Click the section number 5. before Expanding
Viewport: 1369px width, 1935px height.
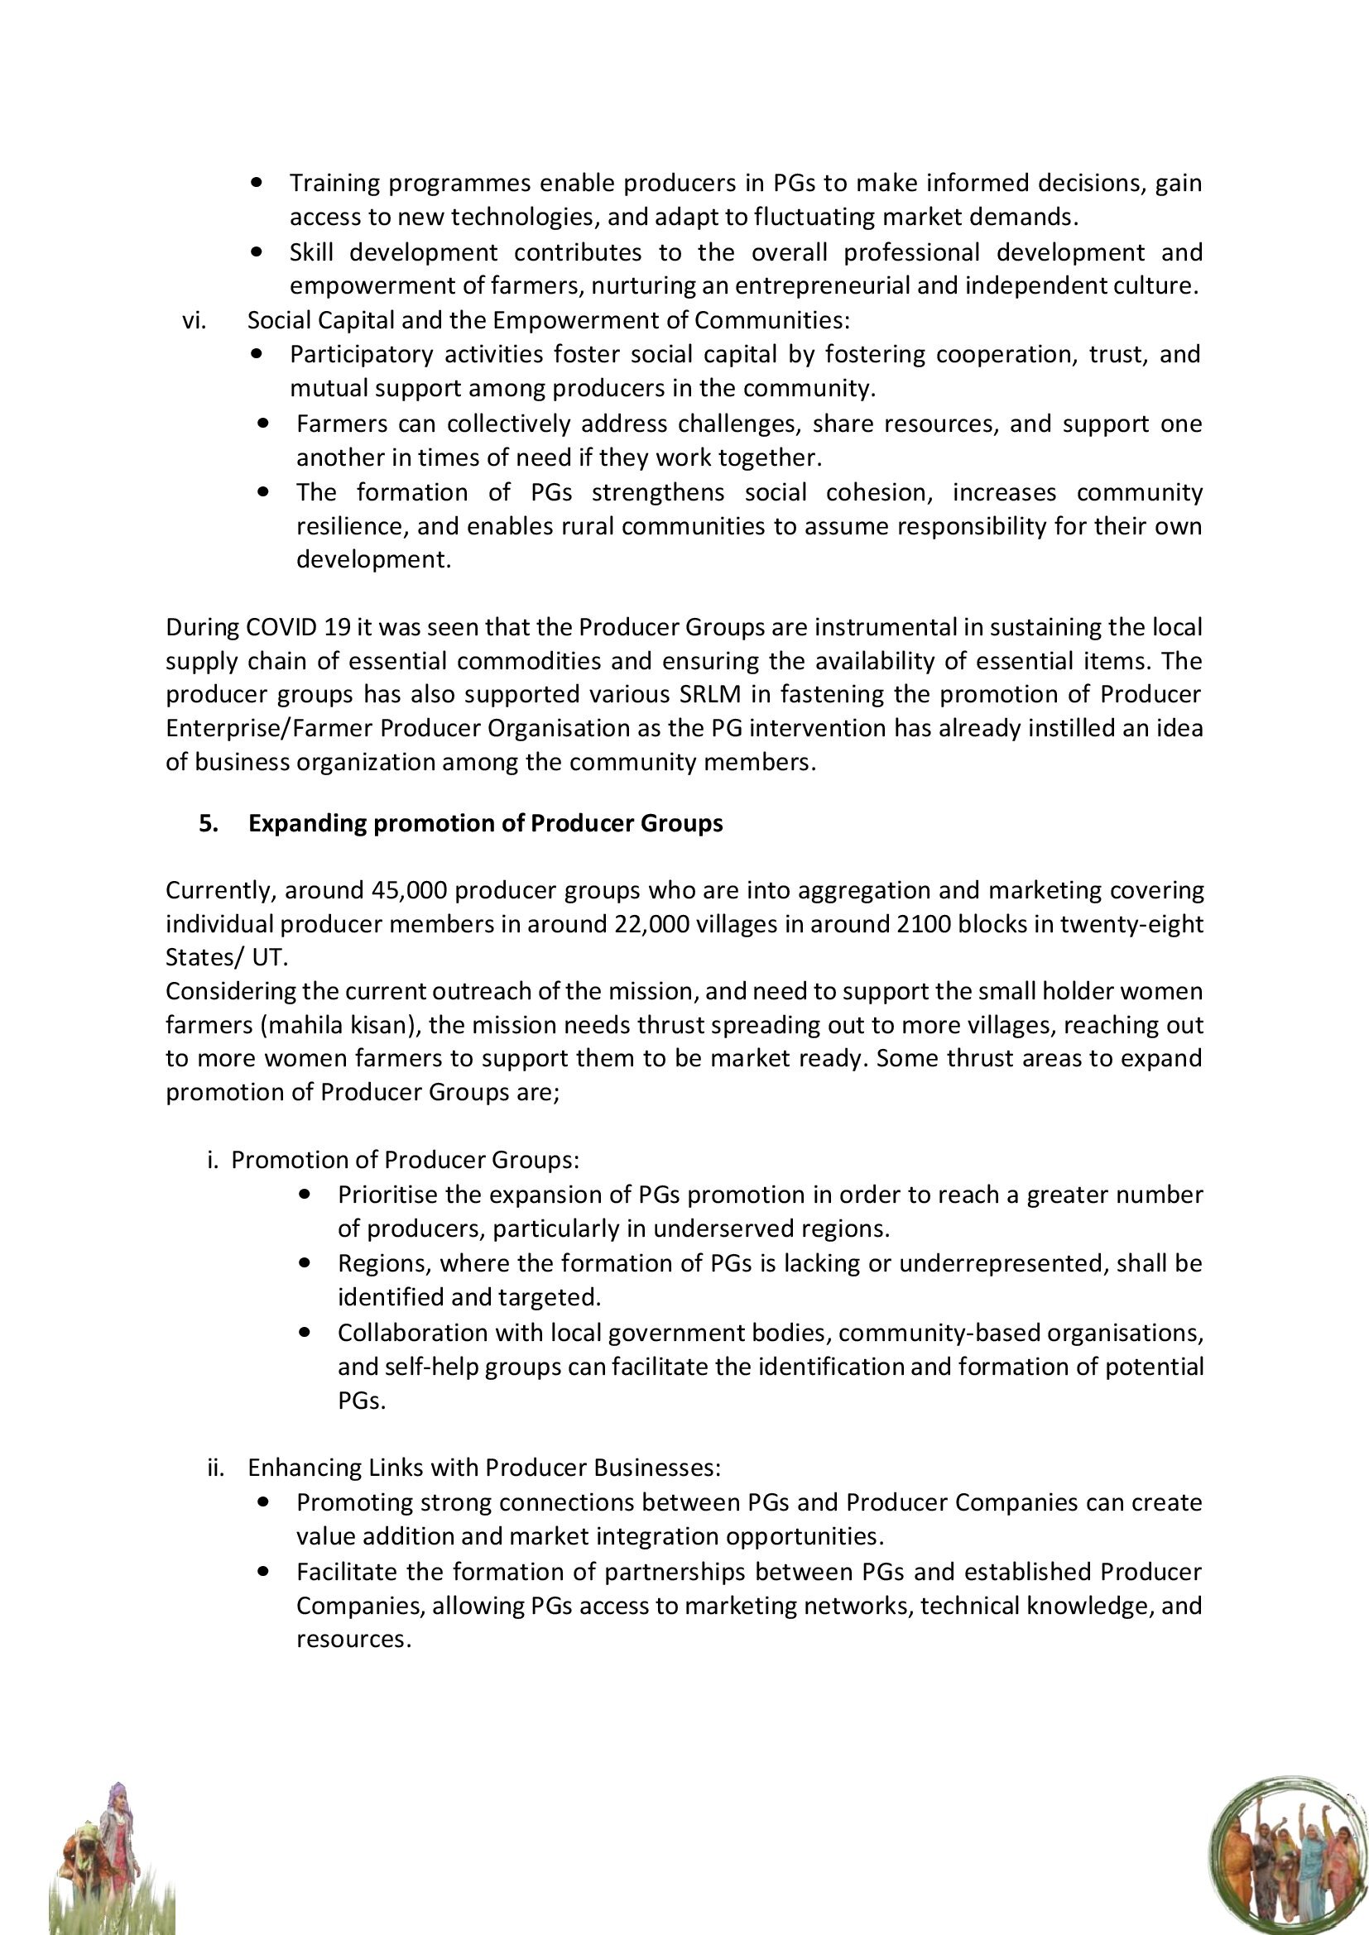[209, 823]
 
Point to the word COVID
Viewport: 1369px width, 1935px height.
[279, 627]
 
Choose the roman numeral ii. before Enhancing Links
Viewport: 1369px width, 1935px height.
[216, 1468]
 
